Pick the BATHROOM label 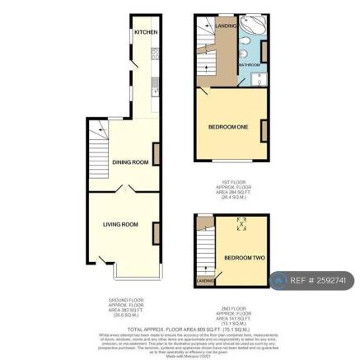[250, 65]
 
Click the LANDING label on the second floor [205, 281]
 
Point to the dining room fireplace [157, 152]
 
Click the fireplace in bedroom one [264, 129]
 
